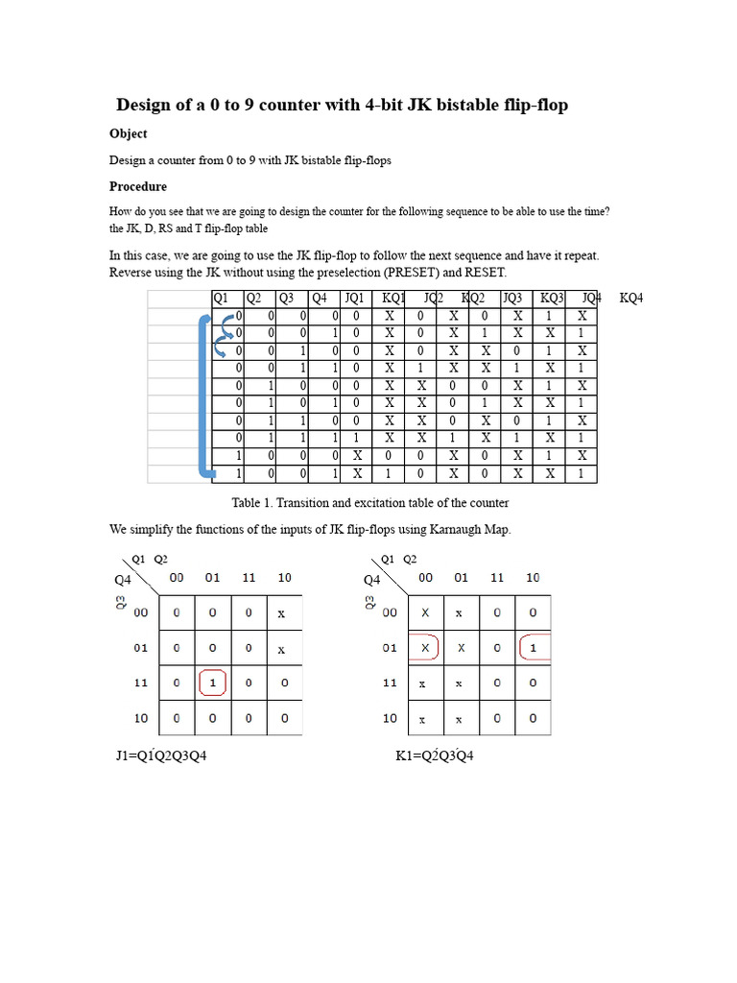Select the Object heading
[x=128, y=133]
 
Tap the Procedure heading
[x=137, y=186]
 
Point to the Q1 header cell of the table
[x=220, y=299]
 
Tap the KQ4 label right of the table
[x=631, y=299]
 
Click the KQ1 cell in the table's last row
[x=390, y=474]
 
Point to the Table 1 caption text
[x=370, y=502]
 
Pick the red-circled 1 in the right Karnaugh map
[x=535, y=648]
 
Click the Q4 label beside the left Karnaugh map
[x=123, y=580]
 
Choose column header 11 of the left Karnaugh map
[x=248, y=578]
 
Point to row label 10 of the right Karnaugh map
[x=390, y=717]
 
